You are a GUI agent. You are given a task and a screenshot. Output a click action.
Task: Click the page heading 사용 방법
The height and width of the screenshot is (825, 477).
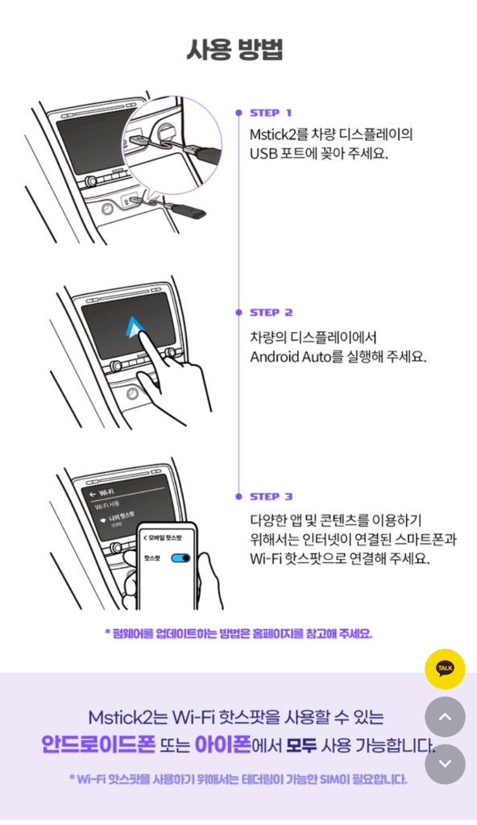coord(234,49)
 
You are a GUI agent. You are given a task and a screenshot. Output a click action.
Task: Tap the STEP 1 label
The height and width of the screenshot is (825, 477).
coord(271,113)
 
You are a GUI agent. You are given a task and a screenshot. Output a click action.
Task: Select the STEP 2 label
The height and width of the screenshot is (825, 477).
coord(272,313)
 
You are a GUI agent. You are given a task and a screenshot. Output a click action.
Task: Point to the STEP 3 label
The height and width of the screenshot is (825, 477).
coord(272,496)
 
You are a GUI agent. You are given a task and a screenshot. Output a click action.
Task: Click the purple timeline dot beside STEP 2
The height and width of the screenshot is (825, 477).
coord(238,313)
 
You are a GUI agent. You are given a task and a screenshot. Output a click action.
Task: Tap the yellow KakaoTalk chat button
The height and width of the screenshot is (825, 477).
coord(445,669)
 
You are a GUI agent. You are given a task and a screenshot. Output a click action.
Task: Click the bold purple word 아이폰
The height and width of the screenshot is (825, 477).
coord(221,744)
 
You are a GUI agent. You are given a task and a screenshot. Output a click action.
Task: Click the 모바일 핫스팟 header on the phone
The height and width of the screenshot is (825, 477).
coord(164,537)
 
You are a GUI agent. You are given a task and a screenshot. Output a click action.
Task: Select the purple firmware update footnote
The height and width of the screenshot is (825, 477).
coord(238,633)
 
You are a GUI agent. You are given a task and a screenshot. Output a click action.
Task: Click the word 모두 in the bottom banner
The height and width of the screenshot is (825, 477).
coord(303,744)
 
